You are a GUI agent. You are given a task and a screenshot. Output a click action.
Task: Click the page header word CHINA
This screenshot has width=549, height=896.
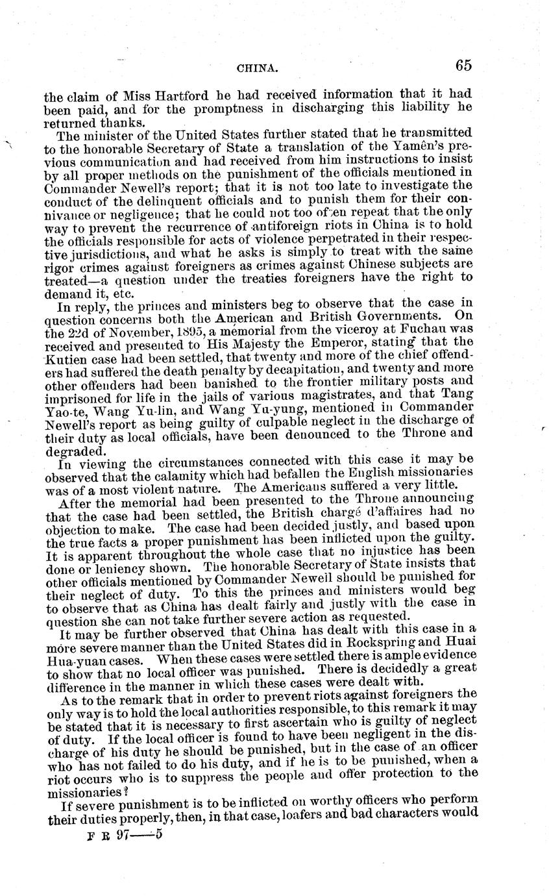[258, 66]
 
